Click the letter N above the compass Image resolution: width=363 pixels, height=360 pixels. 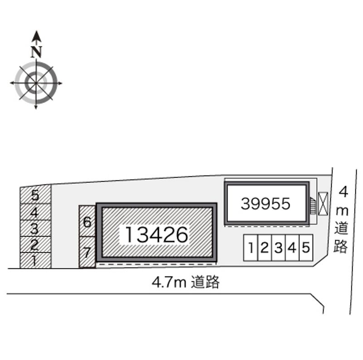[x=36, y=52]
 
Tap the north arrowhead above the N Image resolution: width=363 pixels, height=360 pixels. [x=36, y=36]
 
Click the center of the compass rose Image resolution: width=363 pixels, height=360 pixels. [x=36, y=83]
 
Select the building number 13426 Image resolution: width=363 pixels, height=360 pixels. [x=157, y=235]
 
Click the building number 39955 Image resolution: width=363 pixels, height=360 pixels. [x=265, y=204]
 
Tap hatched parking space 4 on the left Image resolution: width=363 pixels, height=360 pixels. [x=35, y=212]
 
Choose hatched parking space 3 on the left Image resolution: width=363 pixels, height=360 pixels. [x=35, y=228]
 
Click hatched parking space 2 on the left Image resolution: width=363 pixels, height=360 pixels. [x=35, y=244]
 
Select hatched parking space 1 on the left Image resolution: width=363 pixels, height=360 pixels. [x=35, y=261]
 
